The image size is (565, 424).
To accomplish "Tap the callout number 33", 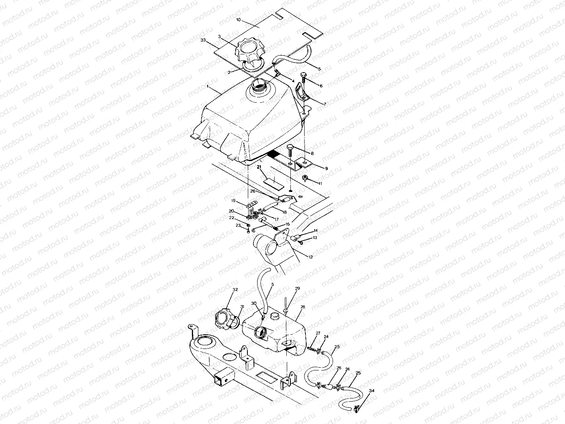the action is click(x=203, y=41).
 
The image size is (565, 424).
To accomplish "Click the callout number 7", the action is click(x=324, y=104).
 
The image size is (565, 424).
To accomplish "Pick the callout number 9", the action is click(x=326, y=168).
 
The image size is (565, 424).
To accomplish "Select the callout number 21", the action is click(x=260, y=167).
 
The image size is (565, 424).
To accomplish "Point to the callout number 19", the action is click(x=233, y=200).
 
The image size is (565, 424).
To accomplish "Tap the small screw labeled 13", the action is click(x=301, y=242).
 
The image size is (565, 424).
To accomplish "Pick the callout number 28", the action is click(x=302, y=308).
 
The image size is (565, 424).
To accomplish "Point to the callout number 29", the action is click(x=297, y=288).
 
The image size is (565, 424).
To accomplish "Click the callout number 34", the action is click(x=372, y=391).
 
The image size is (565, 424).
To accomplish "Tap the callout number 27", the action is click(x=318, y=333).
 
